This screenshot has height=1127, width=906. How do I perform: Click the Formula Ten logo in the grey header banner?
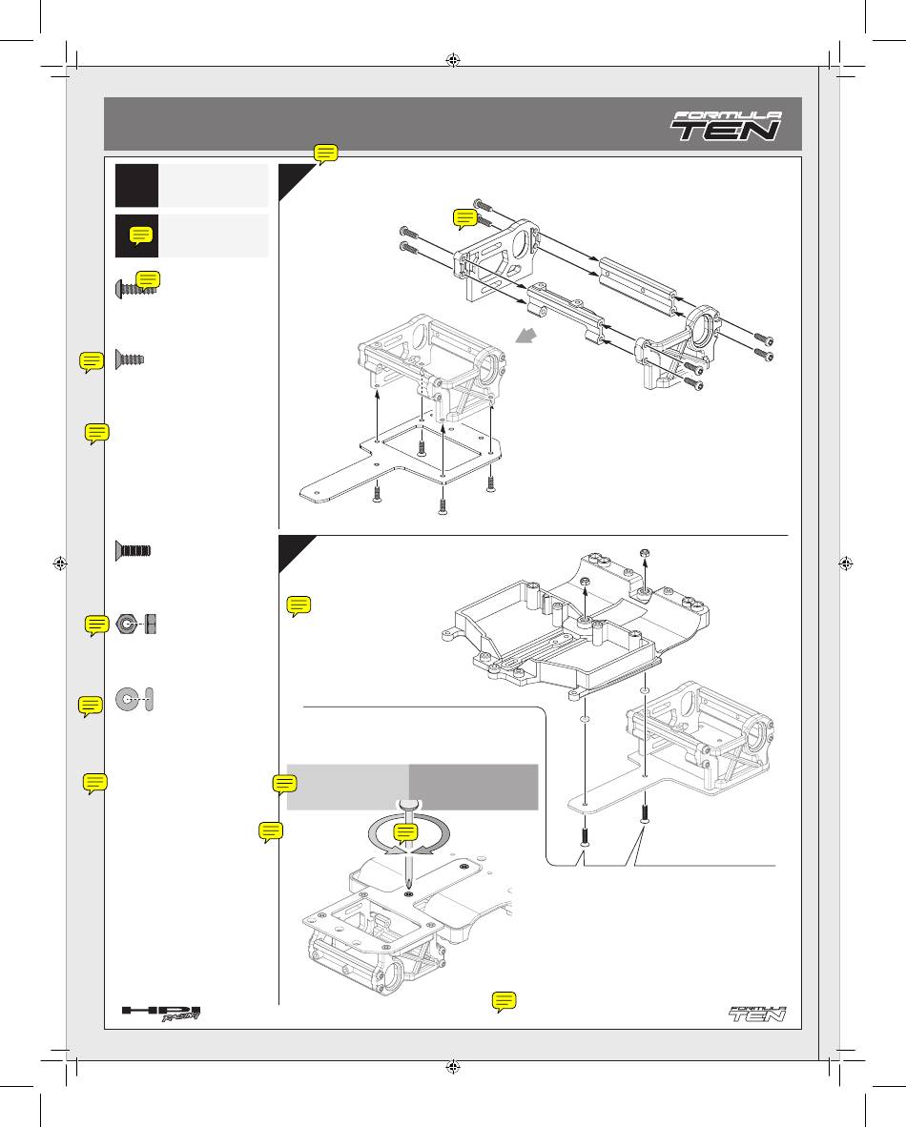[x=727, y=126]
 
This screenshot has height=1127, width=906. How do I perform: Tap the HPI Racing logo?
[x=160, y=1014]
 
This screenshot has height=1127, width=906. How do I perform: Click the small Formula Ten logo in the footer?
[x=758, y=1014]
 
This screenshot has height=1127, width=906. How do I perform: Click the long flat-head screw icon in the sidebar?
[x=133, y=551]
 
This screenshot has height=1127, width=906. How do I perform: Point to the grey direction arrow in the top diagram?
[x=527, y=335]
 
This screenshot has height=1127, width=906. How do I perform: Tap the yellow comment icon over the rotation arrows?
[x=406, y=833]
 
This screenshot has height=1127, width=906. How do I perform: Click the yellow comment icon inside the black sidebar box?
[x=141, y=236]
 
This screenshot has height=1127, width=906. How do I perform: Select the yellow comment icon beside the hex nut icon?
[x=96, y=626]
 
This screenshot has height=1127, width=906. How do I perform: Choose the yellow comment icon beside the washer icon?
[x=91, y=707]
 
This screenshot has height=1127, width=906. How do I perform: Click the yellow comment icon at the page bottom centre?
[x=504, y=1002]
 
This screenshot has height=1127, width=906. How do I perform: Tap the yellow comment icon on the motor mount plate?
[x=465, y=218]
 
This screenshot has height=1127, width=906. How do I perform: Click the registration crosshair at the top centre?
[x=453, y=60]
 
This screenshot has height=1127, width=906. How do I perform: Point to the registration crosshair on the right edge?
[x=846, y=563]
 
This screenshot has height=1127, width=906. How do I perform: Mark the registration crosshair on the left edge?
[x=60, y=563]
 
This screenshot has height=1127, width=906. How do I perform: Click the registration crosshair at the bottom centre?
[x=453, y=1066]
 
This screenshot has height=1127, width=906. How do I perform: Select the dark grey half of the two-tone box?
[x=474, y=787]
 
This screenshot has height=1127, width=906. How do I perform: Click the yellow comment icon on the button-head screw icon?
[x=148, y=281]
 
